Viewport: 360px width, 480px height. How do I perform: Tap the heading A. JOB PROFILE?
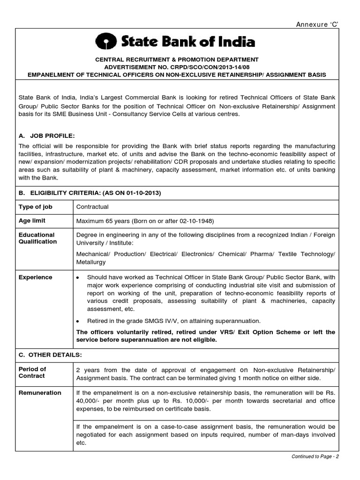(46, 135)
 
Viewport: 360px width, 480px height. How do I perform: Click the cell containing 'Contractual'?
(92, 207)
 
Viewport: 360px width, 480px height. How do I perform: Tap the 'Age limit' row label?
(32, 221)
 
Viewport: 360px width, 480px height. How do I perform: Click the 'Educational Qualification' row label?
(37, 238)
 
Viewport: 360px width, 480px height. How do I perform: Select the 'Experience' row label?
(35, 277)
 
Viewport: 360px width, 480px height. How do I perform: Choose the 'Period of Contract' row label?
(32, 372)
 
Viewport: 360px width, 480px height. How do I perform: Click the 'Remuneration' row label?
(39, 393)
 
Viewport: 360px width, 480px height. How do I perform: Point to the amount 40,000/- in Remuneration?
(90, 401)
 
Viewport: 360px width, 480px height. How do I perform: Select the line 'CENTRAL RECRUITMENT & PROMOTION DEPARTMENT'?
(177, 60)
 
